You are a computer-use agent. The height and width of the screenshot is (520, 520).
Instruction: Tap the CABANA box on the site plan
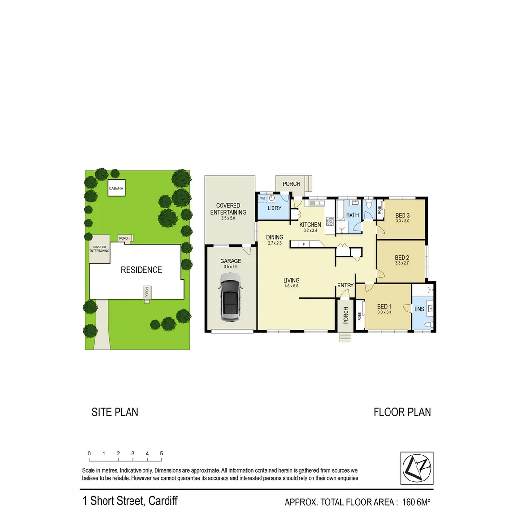(x=116, y=189)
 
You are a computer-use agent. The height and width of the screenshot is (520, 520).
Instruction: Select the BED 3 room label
(x=403, y=215)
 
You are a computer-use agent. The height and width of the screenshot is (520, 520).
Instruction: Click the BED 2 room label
(x=402, y=257)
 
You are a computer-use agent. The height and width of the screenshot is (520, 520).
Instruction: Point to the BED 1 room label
(x=384, y=306)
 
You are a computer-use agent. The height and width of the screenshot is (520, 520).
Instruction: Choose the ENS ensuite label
(x=419, y=309)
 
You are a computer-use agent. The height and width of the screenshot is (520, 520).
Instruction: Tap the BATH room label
(x=352, y=215)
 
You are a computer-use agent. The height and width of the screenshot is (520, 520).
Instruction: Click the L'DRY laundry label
(x=274, y=208)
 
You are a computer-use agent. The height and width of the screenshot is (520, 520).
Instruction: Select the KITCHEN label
(x=310, y=225)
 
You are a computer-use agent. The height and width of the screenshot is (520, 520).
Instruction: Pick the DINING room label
(x=274, y=237)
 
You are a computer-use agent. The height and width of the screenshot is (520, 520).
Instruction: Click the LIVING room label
(x=291, y=280)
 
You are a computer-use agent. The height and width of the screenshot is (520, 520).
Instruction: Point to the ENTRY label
(x=346, y=286)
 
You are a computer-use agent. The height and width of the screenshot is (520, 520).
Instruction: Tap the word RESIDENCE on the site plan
(x=141, y=270)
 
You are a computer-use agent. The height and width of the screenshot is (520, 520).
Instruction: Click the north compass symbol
(x=417, y=468)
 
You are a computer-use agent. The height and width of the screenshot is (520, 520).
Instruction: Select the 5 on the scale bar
(x=161, y=454)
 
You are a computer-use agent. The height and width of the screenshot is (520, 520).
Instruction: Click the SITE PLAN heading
(x=115, y=412)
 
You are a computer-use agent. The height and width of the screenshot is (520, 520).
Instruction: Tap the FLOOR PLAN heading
(x=402, y=412)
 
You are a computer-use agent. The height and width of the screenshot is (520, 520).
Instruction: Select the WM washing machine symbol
(x=263, y=198)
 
